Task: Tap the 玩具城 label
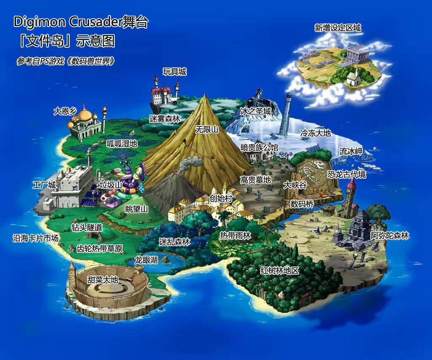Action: [175, 72]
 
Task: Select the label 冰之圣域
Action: [255, 111]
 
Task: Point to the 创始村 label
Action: [221, 198]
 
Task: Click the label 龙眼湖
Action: [146, 260]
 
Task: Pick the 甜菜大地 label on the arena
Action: [103, 279]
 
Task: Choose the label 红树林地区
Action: [279, 271]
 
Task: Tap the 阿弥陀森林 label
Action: [390, 236]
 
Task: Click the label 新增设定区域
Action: [337, 28]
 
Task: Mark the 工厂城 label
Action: [44, 185]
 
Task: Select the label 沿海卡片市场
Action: [35, 238]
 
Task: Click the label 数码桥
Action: [302, 204]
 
